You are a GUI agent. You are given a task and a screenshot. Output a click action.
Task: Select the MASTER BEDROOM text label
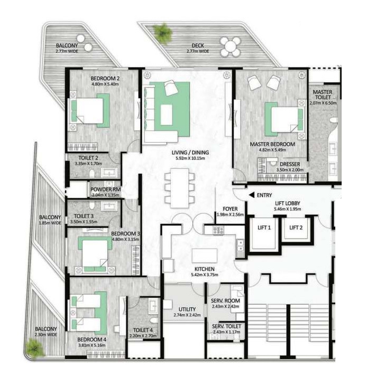(272, 144)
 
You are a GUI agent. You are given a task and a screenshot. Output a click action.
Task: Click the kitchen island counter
(205, 255)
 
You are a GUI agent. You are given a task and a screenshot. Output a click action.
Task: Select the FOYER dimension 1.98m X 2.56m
(229, 214)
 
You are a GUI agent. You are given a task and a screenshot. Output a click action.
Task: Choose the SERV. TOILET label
(226, 326)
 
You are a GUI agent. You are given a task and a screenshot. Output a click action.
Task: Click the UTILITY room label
(187, 309)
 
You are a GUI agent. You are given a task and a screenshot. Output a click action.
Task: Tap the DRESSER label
(290, 164)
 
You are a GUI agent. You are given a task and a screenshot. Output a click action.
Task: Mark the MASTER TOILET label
(322, 95)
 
